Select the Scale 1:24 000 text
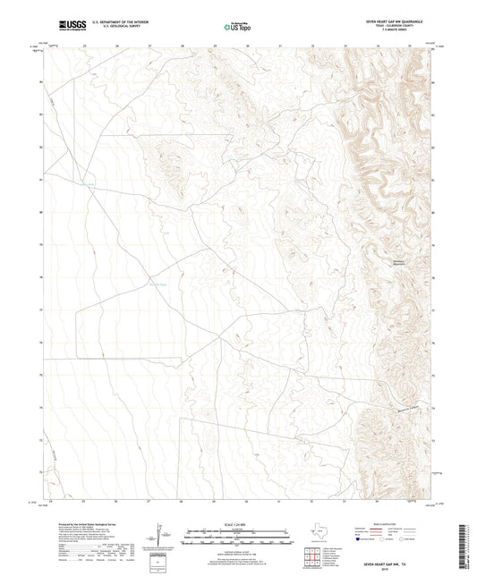click(x=238, y=523)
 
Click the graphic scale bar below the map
click(x=238, y=538)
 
